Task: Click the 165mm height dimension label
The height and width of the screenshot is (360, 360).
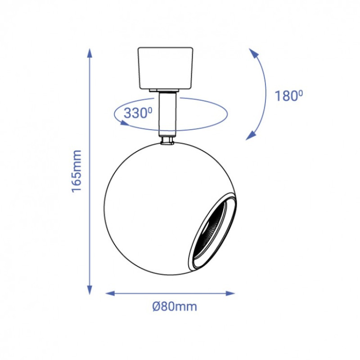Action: point(76,171)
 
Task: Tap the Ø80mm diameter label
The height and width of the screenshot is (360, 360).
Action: point(175,306)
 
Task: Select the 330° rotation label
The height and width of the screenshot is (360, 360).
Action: point(138,113)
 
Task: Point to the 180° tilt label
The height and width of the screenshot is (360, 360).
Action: point(289,96)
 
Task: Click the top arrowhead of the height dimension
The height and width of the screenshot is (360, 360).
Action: point(90,53)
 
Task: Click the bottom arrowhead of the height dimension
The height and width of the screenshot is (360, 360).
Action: point(90,290)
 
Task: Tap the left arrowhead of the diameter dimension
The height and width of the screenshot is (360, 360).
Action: point(110,293)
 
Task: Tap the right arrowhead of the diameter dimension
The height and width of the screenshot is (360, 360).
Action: point(230,293)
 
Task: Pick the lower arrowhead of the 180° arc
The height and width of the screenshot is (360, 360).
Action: point(251,136)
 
